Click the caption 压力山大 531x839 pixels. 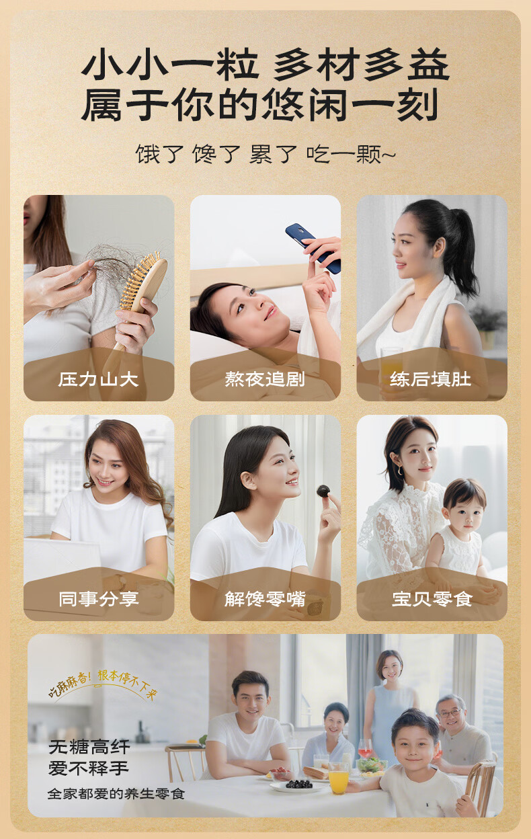pyautogui.click(x=98, y=379)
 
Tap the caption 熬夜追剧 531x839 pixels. pyautogui.click(x=265, y=379)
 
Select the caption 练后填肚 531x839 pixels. pyautogui.click(x=431, y=379)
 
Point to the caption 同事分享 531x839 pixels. pyautogui.click(x=98, y=598)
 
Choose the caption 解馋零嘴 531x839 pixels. pyautogui.click(x=265, y=598)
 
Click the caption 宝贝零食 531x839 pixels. pyautogui.click(x=431, y=598)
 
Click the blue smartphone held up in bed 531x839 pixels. pyautogui.click(x=313, y=247)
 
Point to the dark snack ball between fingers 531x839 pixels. pyautogui.click(x=323, y=491)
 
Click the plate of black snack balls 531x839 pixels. pyautogui.click(x=298, y=785)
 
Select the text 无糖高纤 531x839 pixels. pyautogui.click(x=89, y=748)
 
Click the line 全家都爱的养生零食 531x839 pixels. pyautogui.click(x=116, y=794)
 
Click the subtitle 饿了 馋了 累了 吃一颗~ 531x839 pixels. pyautogui.click(x=265, y=154)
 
